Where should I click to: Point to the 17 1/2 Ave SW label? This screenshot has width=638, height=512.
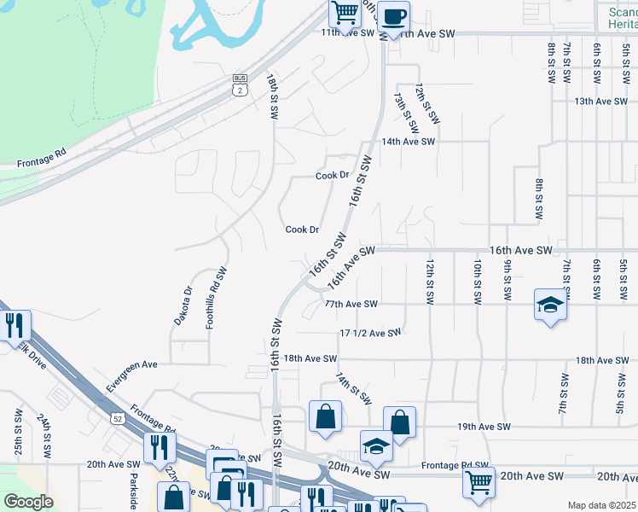click(369, 333)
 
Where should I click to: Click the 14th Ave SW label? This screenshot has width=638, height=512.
click(409, 142)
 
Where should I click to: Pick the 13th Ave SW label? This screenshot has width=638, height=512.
click(600, 101)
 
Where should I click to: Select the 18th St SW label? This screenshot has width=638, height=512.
click(272, 97)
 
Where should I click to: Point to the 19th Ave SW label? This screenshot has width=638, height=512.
click(484, 426)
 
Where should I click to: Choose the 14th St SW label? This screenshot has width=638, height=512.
click(352, 387)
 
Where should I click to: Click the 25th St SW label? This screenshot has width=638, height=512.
click(19, 430)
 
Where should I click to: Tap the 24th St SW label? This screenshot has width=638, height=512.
click(43, 433)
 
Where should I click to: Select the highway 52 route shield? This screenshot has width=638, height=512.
click(119, 416)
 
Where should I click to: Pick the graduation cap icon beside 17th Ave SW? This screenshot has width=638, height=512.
click(550, 305)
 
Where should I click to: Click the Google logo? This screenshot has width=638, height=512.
click(28, 501)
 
